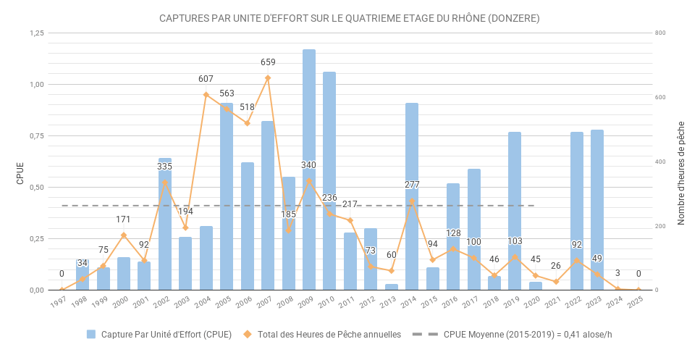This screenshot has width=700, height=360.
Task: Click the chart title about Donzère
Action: point(350,18)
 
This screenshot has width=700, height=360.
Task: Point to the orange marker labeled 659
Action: point(268,78)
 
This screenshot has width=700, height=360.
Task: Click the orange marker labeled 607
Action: point(206,95)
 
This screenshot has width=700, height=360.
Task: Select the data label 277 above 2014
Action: point(412,185)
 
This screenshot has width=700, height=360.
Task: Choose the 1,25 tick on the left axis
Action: point(36,33)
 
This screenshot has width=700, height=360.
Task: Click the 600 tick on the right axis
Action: point(660,98)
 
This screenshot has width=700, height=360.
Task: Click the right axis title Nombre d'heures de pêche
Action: point(681,172)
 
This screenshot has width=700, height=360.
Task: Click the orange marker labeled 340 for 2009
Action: point(309,180)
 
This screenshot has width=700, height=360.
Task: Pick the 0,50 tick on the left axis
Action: point(36,188)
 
